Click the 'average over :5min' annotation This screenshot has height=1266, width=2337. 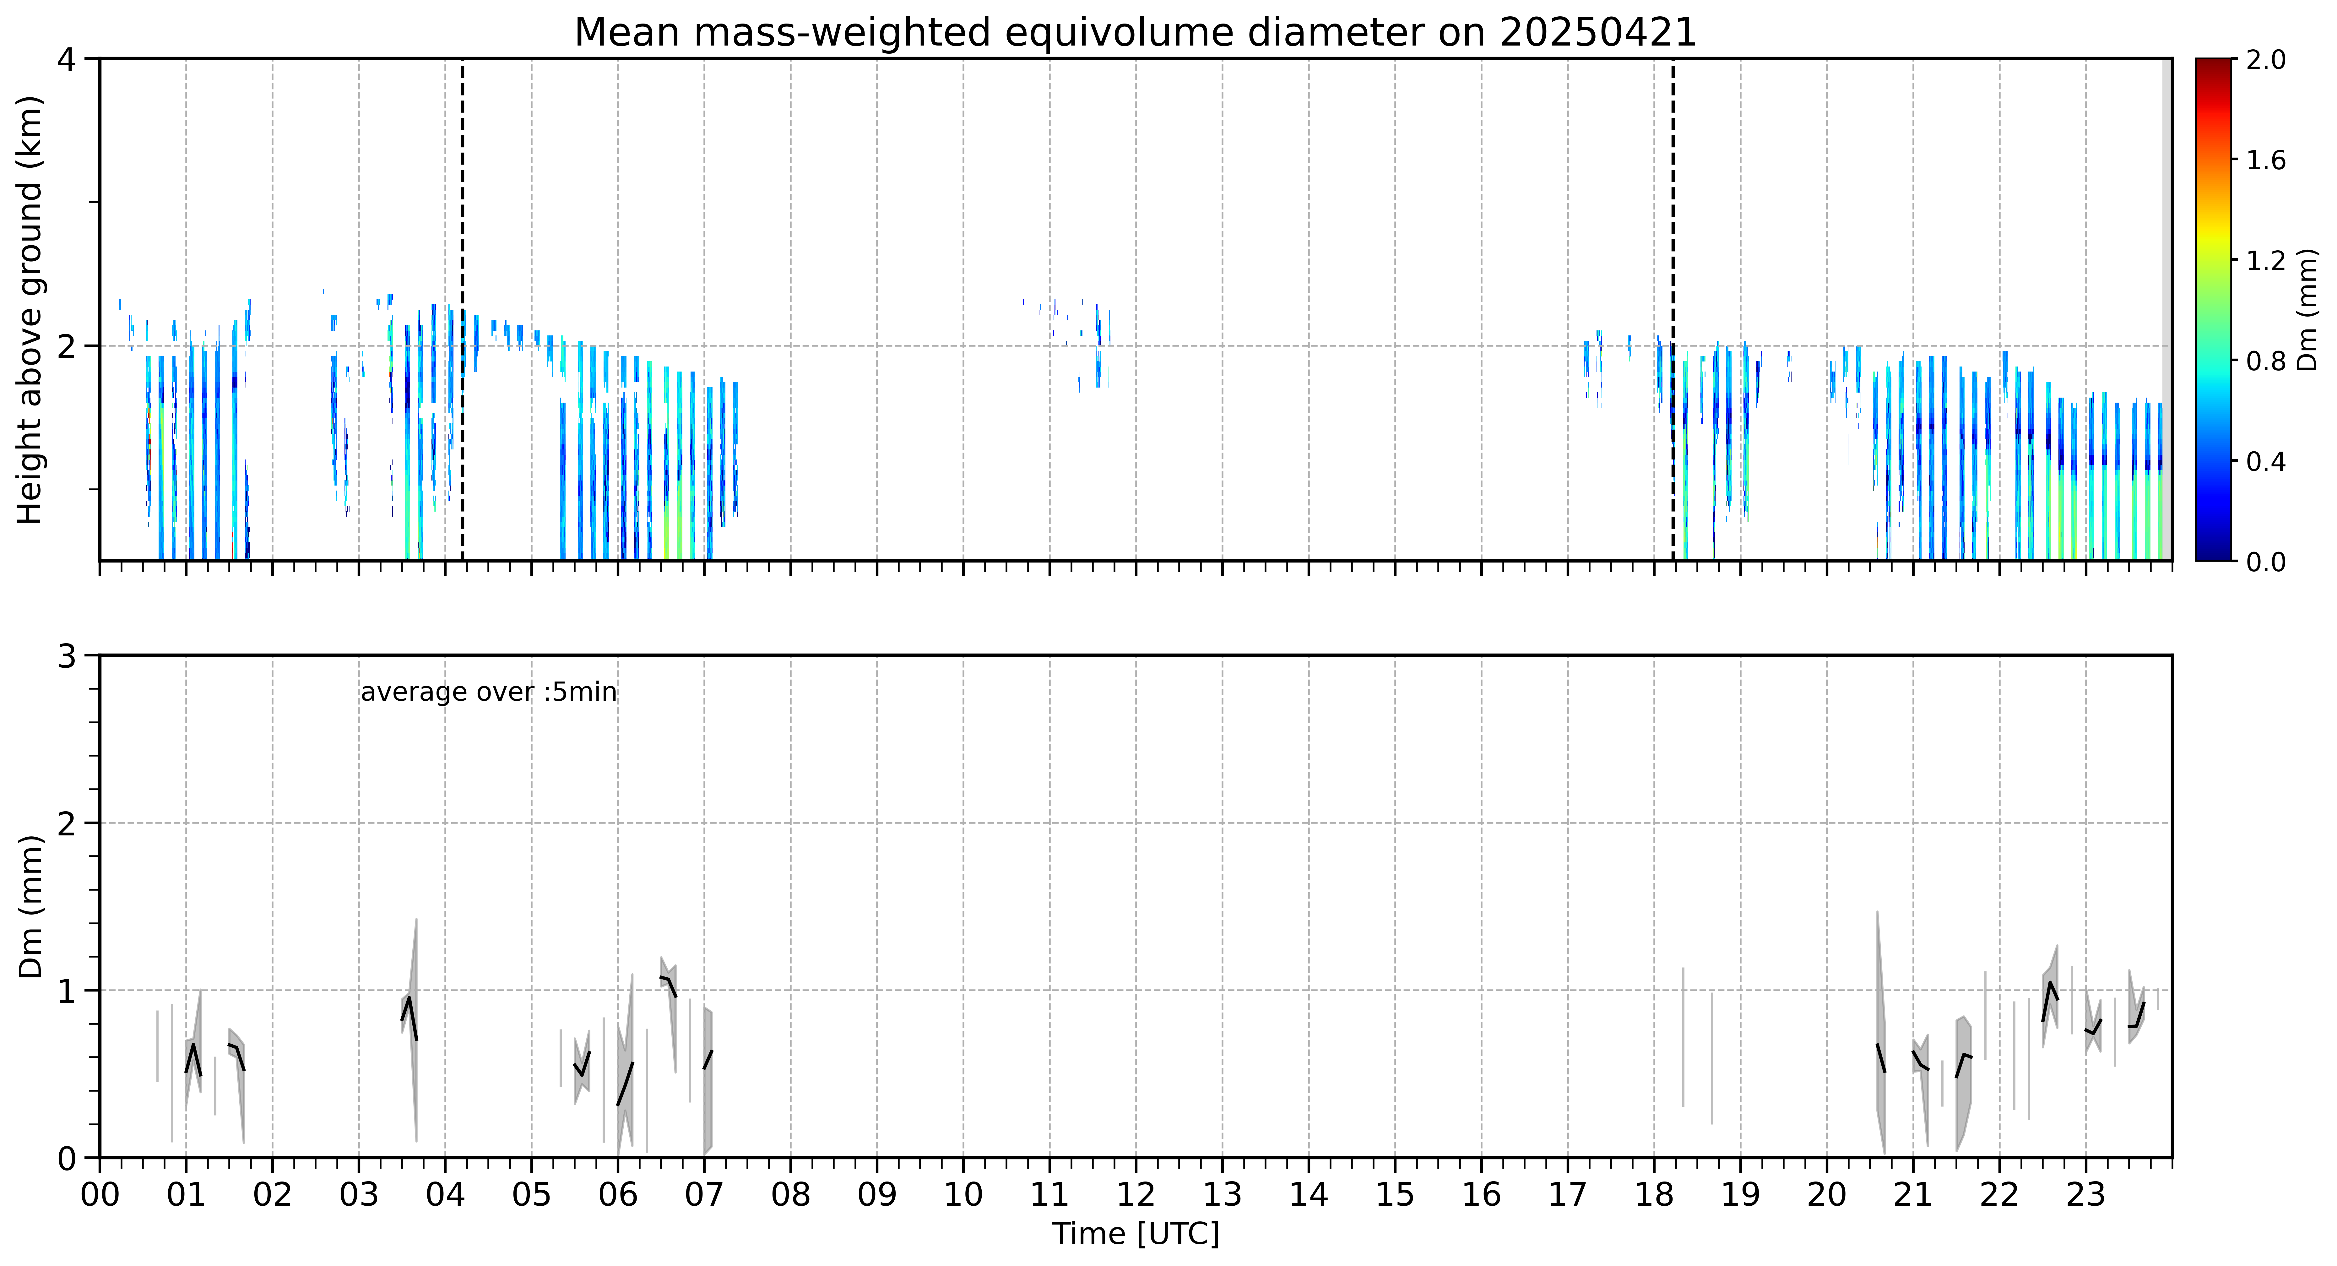[x=488, y=693]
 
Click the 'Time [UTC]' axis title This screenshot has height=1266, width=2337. [x=1136, y=1234]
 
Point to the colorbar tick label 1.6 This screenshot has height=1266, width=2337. [x=2265, y=160]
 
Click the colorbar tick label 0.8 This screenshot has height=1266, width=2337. [x=2265, y=361]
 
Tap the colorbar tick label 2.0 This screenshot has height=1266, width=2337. [x=2265, y=60]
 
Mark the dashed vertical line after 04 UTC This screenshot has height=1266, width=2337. [x=463, y=309]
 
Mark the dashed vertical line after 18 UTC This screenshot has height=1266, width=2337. [x=1673, y=309]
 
